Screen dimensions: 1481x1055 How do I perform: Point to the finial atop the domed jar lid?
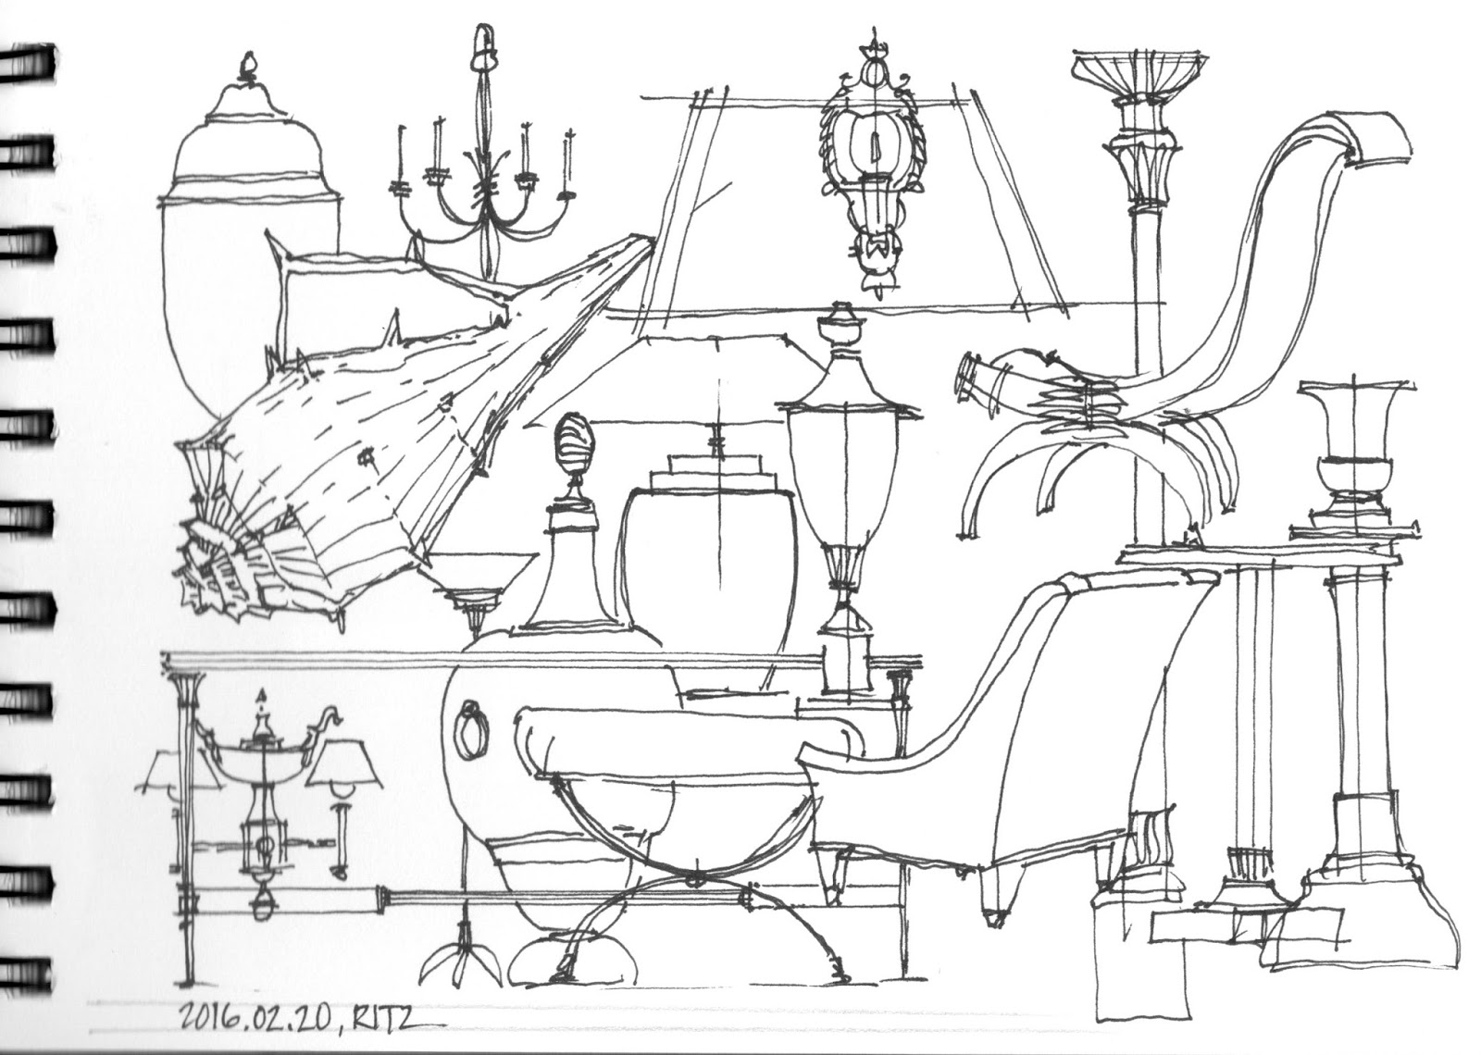click(245, 65)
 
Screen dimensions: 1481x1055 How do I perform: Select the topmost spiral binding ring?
click(28, 60)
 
